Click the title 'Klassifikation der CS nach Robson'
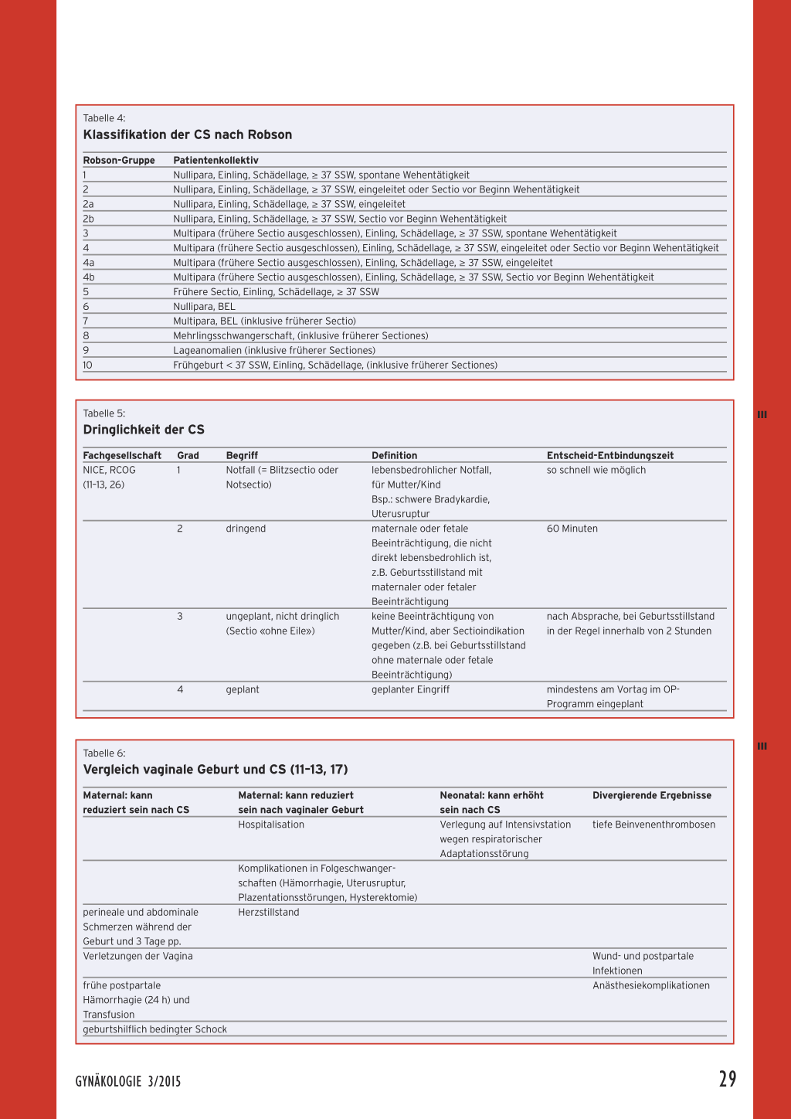[188, 134]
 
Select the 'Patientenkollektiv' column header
[216, 161]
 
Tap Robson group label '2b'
[89, 219]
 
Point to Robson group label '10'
[87, 365]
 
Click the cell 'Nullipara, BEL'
[204, 307]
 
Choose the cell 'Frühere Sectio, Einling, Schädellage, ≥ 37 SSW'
[276, 292]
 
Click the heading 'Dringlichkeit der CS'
[144, 430]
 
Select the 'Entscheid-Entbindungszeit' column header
[610, 456]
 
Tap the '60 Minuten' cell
[572, 529]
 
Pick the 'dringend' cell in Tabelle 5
[246, 529]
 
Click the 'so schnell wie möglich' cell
[596, 470]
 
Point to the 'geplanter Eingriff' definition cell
[410, 689]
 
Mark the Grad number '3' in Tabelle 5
[180, 617]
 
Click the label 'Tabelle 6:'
[104, 753]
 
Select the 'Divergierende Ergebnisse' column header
[652, 795]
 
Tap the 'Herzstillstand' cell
[269, 913]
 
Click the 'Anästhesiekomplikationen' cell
[651, 985]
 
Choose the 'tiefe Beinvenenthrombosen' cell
[654, 825]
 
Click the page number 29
[728, 1079]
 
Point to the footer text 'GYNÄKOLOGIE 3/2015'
[128, 1081]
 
